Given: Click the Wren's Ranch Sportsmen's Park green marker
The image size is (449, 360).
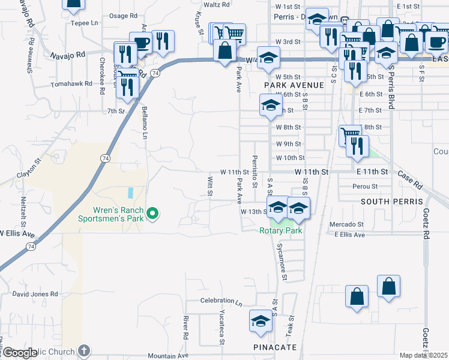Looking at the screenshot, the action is [x=152, y=212].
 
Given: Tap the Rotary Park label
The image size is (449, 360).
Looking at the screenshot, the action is [x=280, y=230].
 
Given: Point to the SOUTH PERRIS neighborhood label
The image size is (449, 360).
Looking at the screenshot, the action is [x=391, y=201].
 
